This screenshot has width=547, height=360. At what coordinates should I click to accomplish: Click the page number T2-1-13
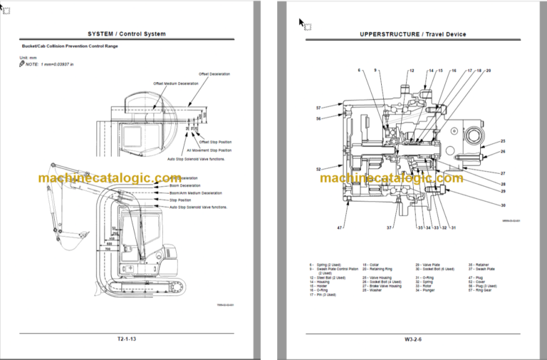[x=126, y=339]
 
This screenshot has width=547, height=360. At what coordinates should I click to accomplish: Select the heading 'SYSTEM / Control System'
[x=126, y=34]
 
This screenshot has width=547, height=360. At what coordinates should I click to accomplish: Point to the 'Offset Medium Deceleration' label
[x=177, y=83]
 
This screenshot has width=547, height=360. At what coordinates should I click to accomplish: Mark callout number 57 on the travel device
[x=319, y=108]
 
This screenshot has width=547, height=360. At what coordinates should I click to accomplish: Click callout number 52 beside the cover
[x=318, y=169]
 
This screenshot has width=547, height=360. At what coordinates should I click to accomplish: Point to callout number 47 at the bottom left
[x=340, y=227]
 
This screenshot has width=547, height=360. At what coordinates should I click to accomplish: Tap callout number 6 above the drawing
[x=359, y=71]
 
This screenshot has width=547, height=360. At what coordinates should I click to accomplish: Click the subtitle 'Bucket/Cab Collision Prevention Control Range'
[x=69, y=46]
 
